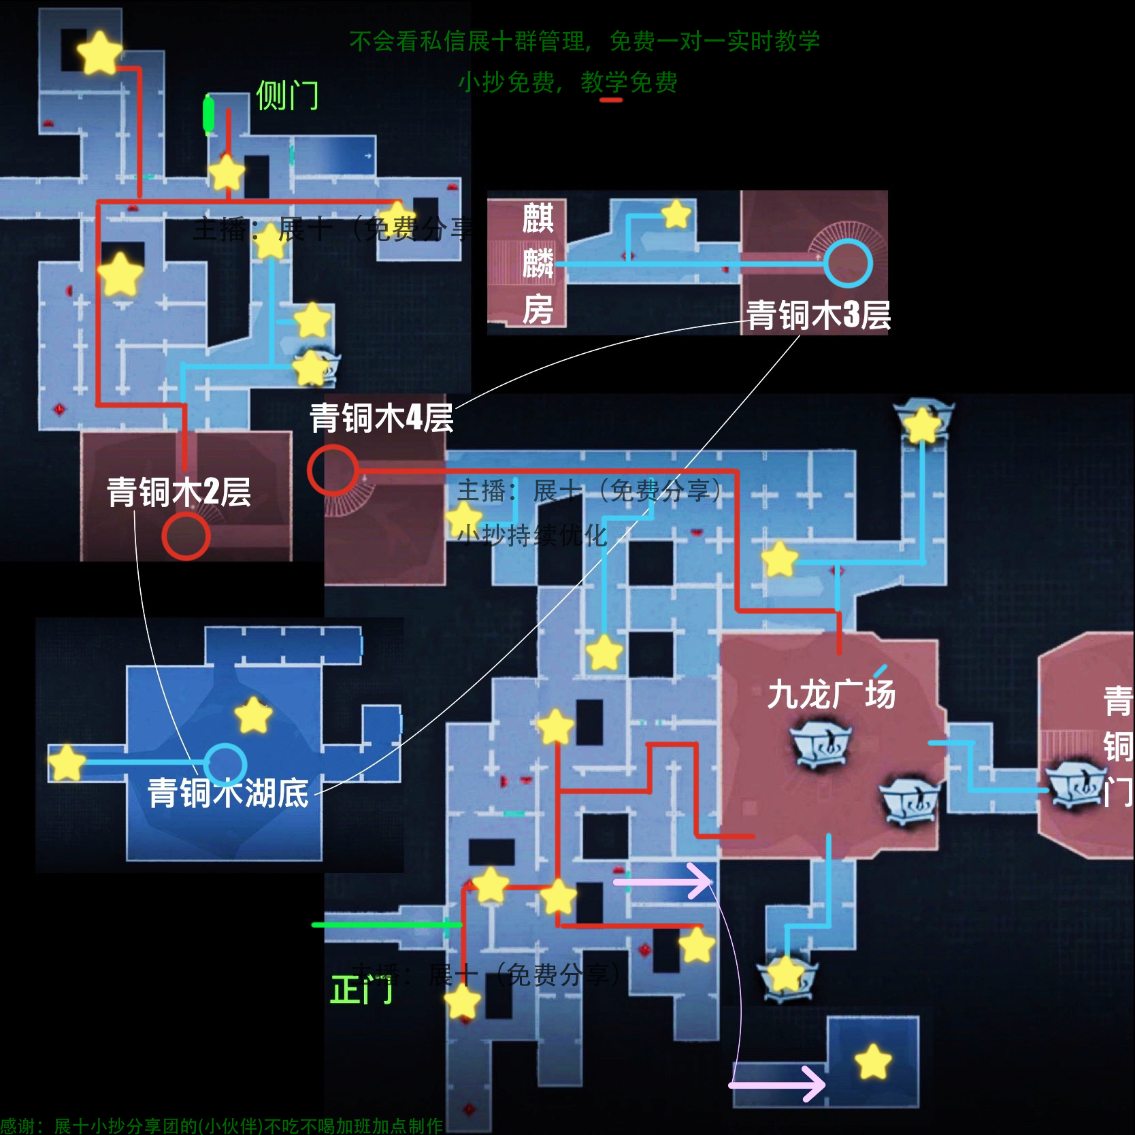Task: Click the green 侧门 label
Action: [287, 95]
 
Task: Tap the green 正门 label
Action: [361, 989]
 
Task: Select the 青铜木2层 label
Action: [179, 492]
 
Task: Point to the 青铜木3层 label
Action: [819, 315]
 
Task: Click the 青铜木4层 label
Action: [382, 417]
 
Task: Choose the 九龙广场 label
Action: [832, 695]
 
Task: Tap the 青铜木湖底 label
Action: [228, 793]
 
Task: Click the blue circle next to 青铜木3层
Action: [847, 263]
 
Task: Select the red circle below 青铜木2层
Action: [186, 536]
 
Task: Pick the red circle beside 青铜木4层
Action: [332, 470]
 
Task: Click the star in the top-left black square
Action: [99, 52]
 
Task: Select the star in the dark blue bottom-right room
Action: [872, 1062]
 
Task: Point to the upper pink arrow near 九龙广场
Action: [663, 882]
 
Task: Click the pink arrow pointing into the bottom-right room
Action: [777, 1083]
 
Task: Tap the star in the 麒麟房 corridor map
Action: [676, 214]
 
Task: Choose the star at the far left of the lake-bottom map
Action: [67, 762]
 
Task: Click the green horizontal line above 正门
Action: [386, 925]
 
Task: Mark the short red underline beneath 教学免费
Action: [611, 100]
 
